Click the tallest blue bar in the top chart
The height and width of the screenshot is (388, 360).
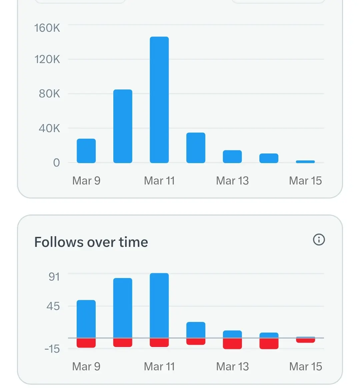tap(159, 100)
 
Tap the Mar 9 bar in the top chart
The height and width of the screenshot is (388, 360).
tap(86, 151)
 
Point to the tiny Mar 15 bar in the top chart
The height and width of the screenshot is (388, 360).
tap(305, 162)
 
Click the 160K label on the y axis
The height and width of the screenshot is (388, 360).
tap(47, 28)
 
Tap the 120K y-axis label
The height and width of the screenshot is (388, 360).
tap(47, 59)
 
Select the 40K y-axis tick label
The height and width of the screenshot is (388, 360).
tap(49, 128)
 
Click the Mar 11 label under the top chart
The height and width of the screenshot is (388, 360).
tap(159, 181)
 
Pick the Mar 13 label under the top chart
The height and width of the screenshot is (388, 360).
tap(232, 181)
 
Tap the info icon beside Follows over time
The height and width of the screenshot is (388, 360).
tap(319, 240)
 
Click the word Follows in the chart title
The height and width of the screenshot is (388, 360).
tap(59, 242)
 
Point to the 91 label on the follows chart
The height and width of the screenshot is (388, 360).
tap(54, 277)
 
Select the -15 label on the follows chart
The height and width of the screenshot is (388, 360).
tap(52, 349)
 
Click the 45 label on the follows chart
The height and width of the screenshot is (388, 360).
tap(53, 306)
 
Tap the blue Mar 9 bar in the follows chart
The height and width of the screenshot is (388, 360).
tap(86, 319)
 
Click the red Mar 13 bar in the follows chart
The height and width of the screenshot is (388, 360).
tap(232, 344)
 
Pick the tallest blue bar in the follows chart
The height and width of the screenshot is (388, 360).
tap(159, 305)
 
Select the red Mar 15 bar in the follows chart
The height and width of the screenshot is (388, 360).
tap(305, 340)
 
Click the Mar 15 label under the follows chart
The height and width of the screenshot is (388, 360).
tap(305, 367)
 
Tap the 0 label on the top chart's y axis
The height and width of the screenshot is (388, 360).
tap(56, 163)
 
